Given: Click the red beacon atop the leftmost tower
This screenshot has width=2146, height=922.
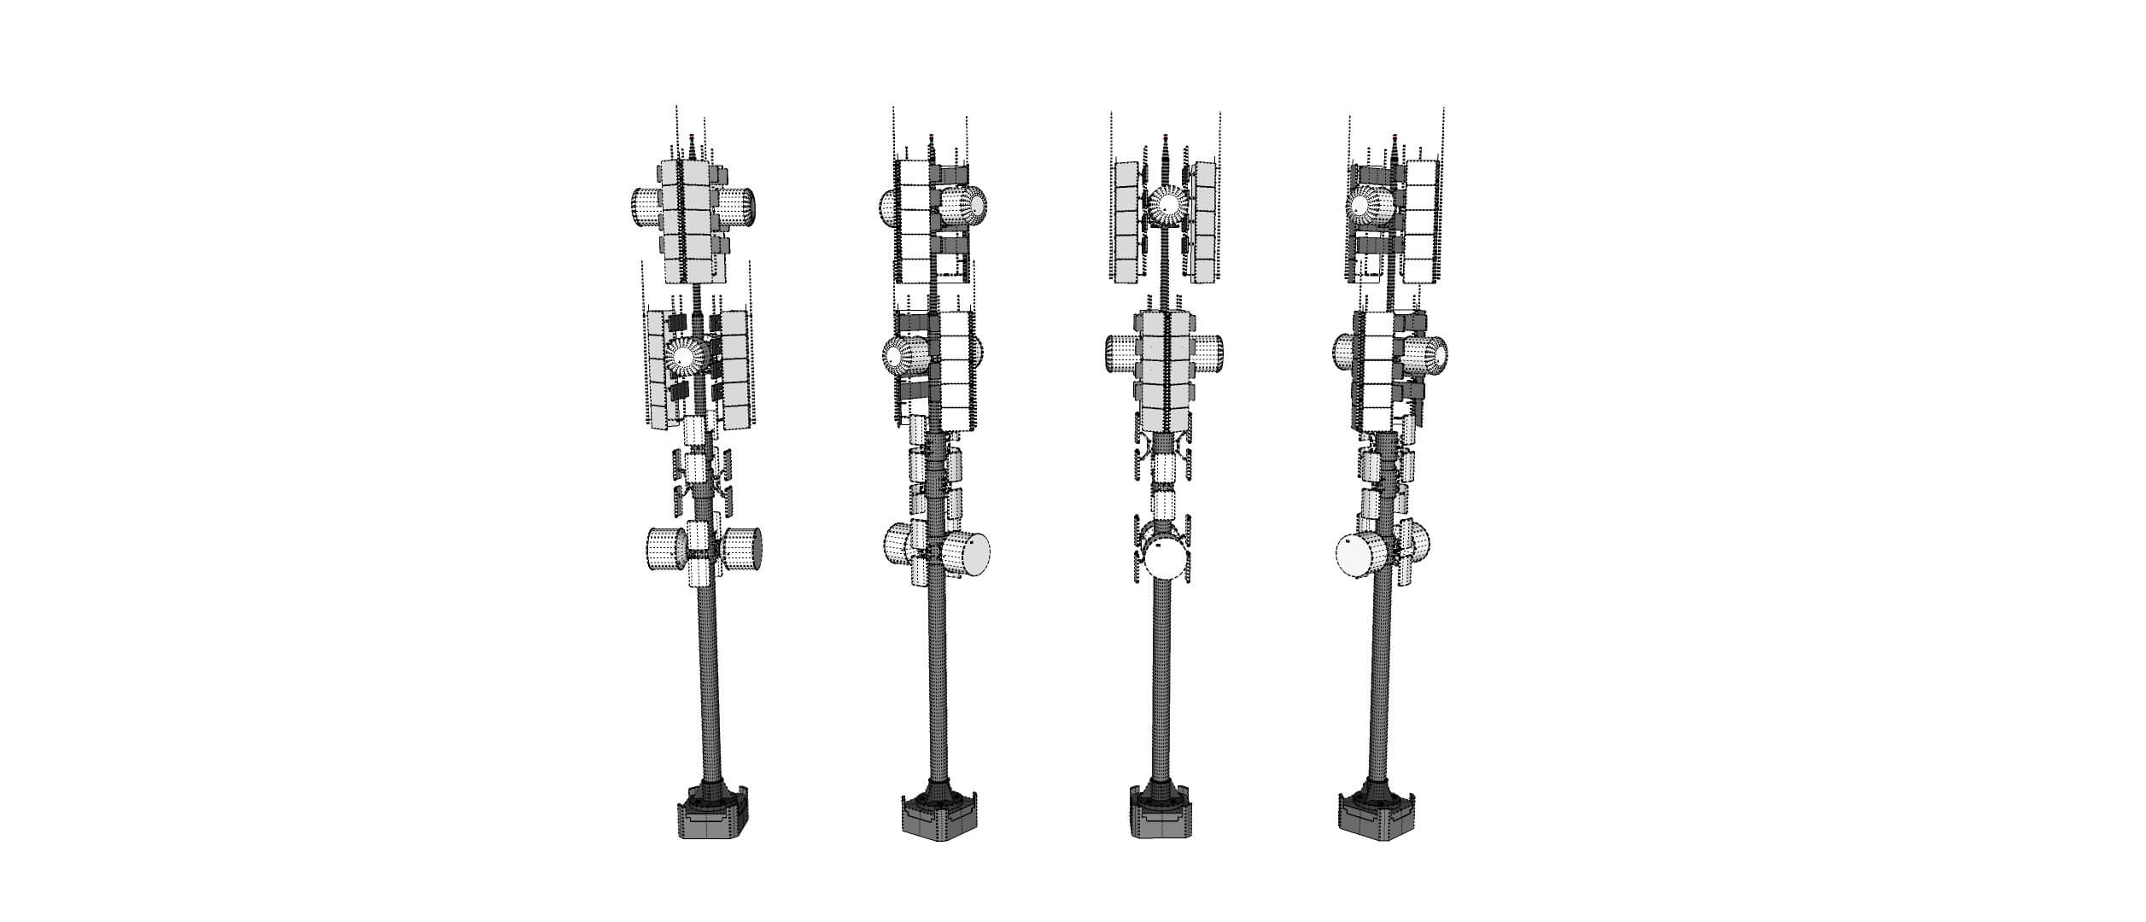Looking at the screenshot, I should (691, 137).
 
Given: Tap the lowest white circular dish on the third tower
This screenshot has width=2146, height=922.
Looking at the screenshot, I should (1167, 560).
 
